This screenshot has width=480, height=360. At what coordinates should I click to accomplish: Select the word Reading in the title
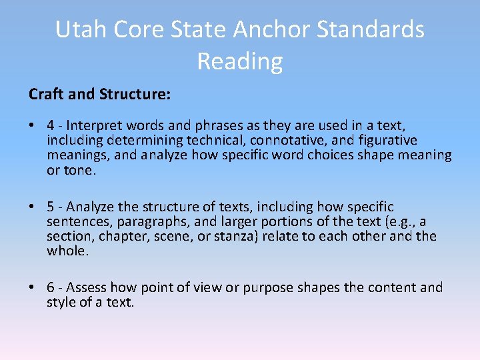click(240, 61)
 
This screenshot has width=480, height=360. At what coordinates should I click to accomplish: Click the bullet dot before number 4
click(32, 126)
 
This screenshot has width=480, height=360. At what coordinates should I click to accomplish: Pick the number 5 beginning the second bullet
click(51, 207)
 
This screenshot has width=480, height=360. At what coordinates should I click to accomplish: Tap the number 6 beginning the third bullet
click(51, 287)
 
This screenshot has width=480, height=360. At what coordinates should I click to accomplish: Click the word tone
click(80, 170)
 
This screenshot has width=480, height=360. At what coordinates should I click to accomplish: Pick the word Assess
click(87, 287)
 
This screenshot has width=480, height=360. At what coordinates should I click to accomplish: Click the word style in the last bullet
click(61, 302)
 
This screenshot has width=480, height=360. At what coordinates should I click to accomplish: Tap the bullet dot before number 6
click(32, 287)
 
